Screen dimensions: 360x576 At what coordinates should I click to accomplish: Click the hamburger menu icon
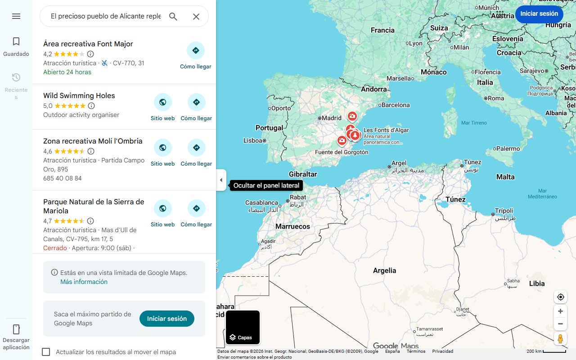[x=16, y=16]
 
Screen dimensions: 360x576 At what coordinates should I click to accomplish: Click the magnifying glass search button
[x=173, y=17]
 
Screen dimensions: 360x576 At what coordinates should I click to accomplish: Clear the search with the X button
[x=196, y=17]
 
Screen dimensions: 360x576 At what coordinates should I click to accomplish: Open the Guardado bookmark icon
[x=16, y=42]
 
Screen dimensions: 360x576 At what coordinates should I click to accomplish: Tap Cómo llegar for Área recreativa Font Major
[x=195, y=51]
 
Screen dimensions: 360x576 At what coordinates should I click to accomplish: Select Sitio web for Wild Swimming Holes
[x=162, y=103]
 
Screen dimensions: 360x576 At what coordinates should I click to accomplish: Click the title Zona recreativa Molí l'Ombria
[x=93, y=141]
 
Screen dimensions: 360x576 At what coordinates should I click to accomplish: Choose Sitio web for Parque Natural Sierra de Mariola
[x=162, y=209]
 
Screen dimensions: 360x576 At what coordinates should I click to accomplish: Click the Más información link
[x=84, y=282]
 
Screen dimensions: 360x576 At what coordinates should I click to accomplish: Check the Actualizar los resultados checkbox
[x=46, y=352]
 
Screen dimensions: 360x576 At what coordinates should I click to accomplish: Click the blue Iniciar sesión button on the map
[x=539, y=13]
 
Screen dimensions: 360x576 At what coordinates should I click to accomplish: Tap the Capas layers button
[x=243, y=328]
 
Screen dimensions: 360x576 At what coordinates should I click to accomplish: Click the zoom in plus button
[x=560, y=311]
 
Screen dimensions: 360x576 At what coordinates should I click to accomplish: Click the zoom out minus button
[x=560, y=324]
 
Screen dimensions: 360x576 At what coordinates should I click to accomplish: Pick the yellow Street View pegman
[x=560, y=339]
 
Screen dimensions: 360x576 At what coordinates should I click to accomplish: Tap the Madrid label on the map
[x=332, y=118]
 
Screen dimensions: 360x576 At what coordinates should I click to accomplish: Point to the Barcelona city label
[x=395, y=105]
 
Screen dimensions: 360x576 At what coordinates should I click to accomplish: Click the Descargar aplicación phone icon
[x=16, y=329]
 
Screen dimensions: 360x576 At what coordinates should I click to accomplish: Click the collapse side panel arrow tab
[x=221, y=180]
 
